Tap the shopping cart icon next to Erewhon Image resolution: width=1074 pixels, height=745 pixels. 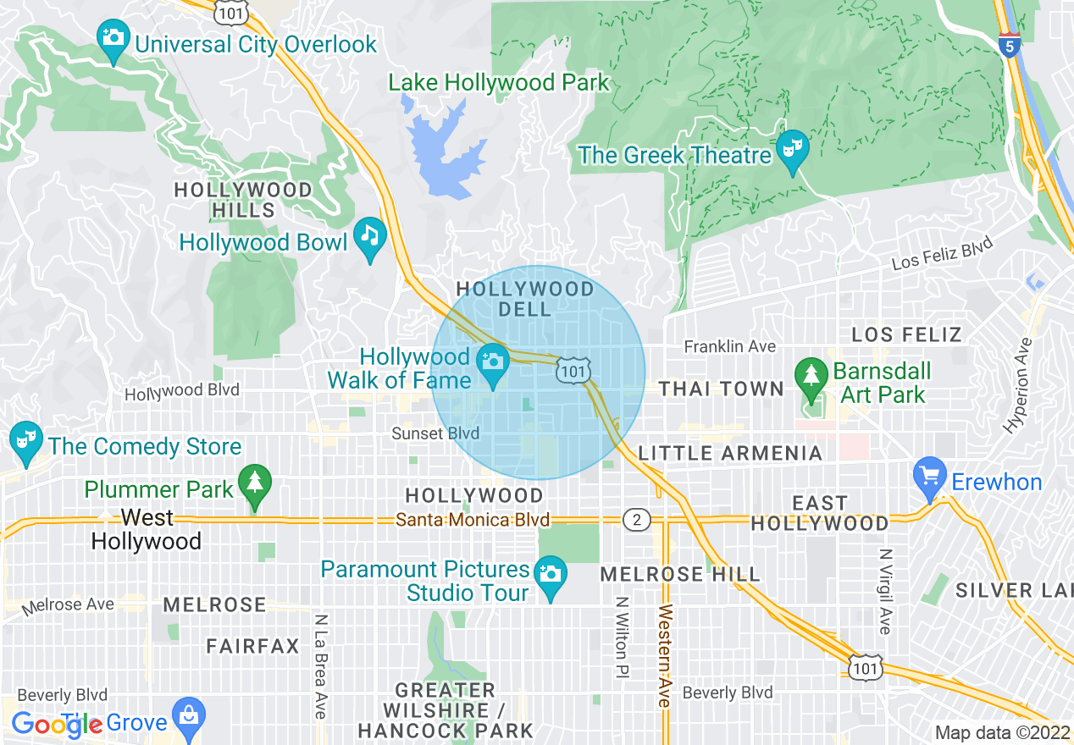(x=930, y=477)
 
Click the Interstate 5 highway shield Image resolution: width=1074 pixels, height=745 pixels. (x=1008, y=46)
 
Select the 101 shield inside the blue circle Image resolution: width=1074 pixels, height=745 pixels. (x=573, y=370)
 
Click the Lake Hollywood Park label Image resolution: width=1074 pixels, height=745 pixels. (x=499, y=83)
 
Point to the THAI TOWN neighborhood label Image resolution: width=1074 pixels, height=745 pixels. (x=722, y=389)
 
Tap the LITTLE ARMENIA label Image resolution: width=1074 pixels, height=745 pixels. (x=730, y=454)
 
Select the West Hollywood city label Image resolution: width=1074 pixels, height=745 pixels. (x=147, y=529)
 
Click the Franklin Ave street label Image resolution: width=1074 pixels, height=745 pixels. (x=729, y=346)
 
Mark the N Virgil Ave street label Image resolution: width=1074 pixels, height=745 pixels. (x=885, y=591)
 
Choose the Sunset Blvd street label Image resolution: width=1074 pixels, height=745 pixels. (x=435, y=433)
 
